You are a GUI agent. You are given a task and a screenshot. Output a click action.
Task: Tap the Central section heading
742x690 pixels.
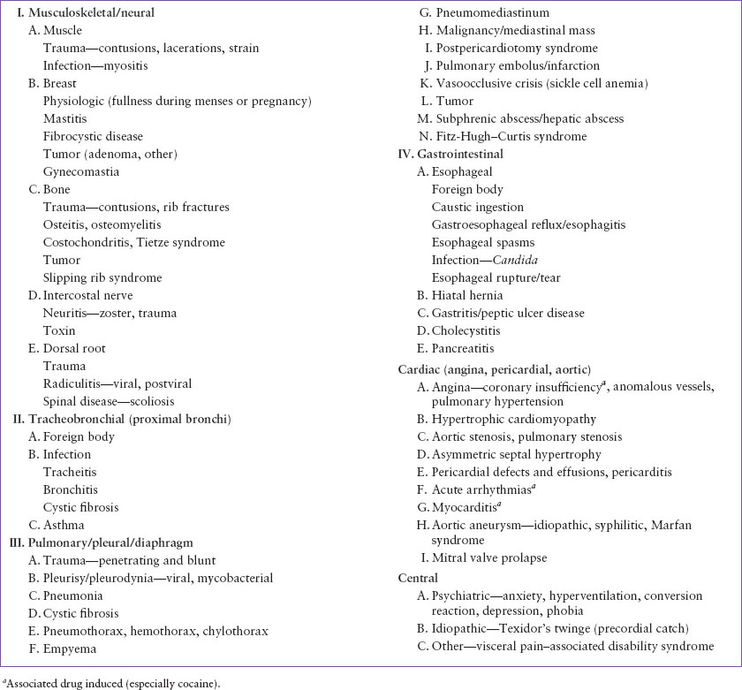coord(419,578)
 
